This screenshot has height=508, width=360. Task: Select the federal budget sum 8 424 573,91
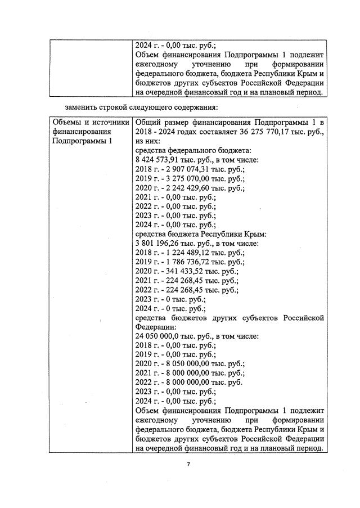tap(159, 161)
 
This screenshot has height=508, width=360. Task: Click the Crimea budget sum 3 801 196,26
tap(159, 244)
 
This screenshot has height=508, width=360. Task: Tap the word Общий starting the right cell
tap(150, 123)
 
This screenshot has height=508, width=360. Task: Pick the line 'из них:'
tap(150, 142)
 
